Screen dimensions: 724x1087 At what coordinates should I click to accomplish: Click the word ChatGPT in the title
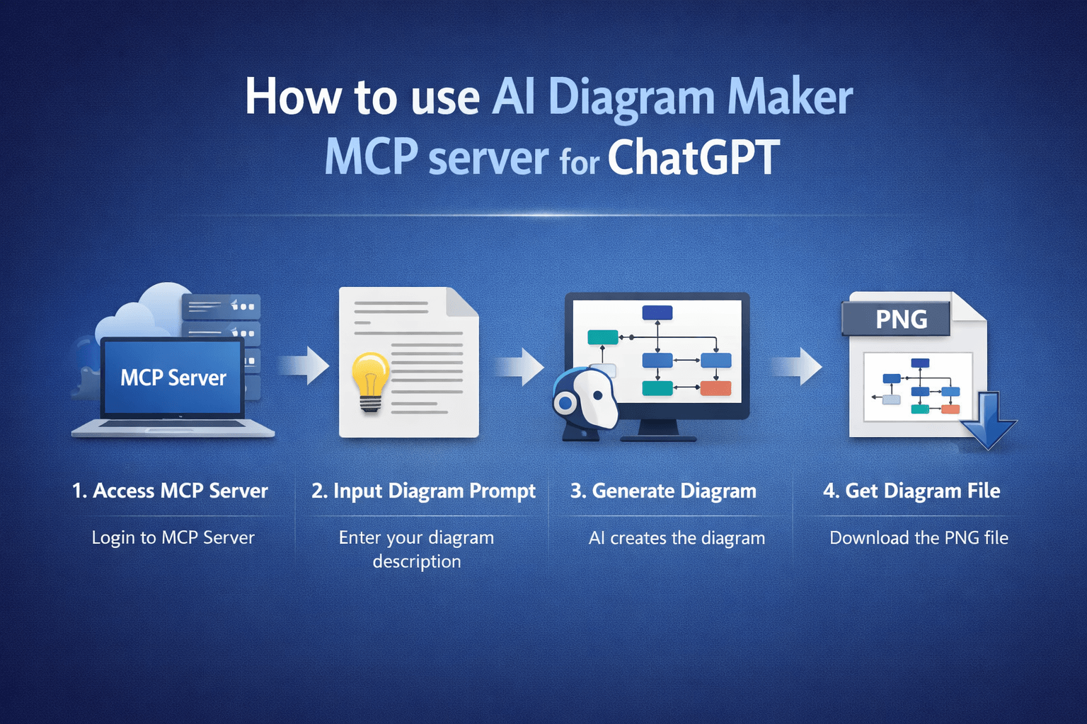[x=694, y=158]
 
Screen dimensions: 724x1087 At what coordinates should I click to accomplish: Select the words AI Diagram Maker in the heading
[x=672, y=97]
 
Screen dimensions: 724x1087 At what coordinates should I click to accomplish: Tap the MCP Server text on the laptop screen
[x=173, y=378]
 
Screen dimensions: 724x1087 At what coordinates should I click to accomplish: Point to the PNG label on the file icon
[x=901, y=319]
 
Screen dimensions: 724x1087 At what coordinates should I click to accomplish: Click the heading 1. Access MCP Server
[x=170, y=491]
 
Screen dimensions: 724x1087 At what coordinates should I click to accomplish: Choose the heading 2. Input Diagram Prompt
[x=423, y=491]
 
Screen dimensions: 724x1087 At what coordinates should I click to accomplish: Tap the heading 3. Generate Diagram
[x=663, y=491]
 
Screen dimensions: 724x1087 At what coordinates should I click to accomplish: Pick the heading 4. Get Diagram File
[x=911, y=491]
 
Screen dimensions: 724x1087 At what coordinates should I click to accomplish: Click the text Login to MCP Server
[x=173, y=537]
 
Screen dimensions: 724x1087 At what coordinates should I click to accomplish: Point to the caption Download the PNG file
[x=919, y=537]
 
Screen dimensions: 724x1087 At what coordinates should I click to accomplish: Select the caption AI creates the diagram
[x=677, y=538]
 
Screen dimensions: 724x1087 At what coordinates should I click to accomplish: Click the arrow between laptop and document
[x=306, y=366]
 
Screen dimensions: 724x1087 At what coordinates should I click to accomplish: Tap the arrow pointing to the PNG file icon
[x=798, y=366]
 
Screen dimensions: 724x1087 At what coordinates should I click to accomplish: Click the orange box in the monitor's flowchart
[x=715, y=387]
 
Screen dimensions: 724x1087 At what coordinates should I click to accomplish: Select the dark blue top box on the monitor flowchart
[x=657, y=313]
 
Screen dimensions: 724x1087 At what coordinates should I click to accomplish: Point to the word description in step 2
[x=417, y=561]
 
